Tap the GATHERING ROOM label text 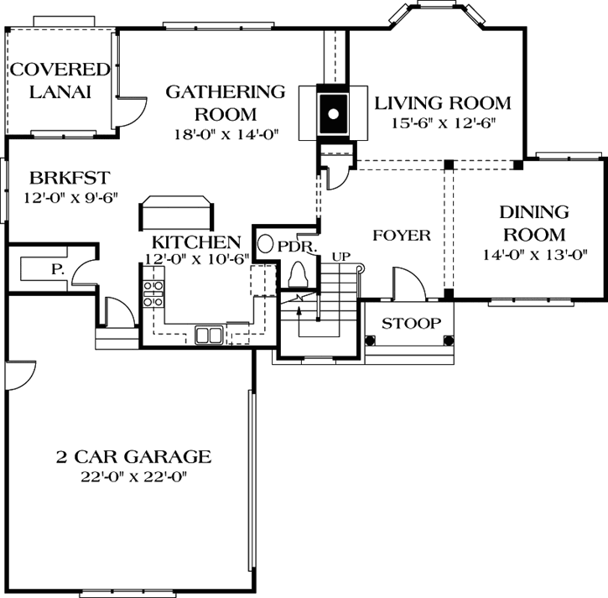225,102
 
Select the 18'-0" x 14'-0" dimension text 225,133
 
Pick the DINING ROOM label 533,223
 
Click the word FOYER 401,236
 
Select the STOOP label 412,324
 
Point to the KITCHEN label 196,242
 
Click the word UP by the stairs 340,257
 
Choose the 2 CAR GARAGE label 133,457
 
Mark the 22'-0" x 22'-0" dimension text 133,477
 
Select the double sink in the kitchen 210,335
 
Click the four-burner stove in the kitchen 153,294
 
